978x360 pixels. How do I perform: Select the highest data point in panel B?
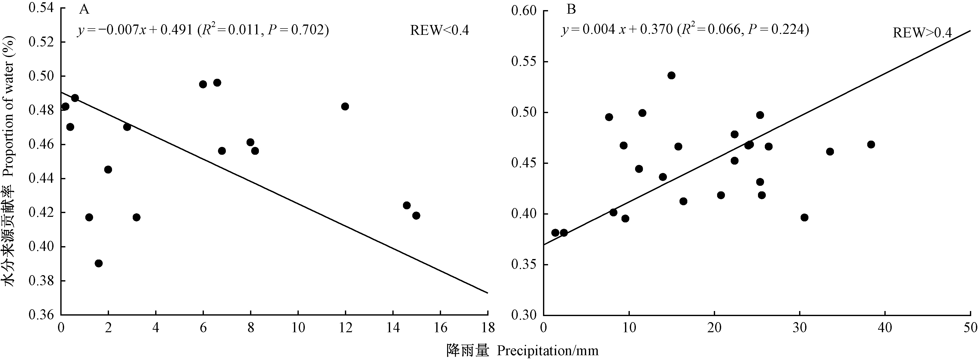(671, 75)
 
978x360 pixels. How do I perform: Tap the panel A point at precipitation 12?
(345, 106)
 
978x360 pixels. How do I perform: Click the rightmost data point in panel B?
(871, 145)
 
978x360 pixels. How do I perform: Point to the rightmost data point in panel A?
(416, 216)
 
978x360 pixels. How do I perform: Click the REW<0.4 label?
(439, 30)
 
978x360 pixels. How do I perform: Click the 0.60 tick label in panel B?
(524, 11)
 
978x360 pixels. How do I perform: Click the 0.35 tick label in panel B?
(524, 265)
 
